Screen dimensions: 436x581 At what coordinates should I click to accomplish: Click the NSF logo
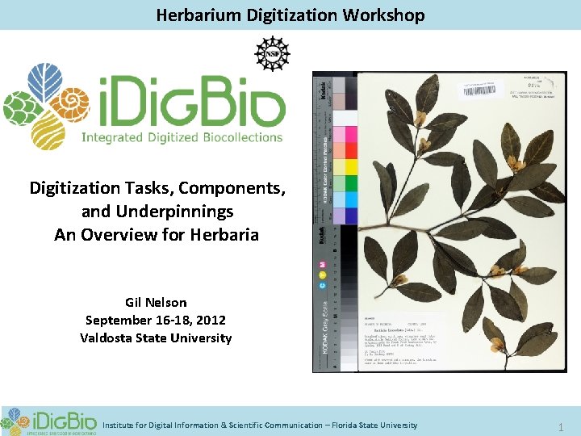coord(272,53)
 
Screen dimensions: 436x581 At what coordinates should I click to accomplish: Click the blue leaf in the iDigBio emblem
coord(45,82)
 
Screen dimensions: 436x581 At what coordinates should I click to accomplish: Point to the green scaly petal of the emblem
coord(21,108)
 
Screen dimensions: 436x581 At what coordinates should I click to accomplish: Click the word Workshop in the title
coord(386,15)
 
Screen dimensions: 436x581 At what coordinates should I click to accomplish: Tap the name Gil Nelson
coord(156,303)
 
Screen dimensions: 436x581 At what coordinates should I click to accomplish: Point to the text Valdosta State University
coord(156,337)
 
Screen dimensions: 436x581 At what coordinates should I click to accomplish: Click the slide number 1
coord(562,426)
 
